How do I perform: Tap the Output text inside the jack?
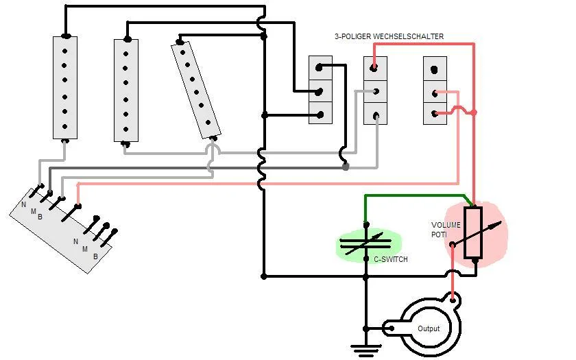click(429, 329)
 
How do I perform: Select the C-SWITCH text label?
click(390, 259)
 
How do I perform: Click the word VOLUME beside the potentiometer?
click(446, 225)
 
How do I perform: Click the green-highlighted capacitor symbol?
click(365, 243)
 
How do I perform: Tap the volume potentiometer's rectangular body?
click(473, 232)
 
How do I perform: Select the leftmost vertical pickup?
click(65, 87)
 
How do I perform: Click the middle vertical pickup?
click(126, 90)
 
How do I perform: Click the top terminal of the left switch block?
click(320, 68)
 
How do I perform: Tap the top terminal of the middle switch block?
click(374, 68)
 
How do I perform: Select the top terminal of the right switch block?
click(435, 69)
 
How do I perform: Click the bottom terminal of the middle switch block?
click(374, 113)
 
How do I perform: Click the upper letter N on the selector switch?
click(23, 204)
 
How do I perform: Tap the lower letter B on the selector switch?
click(95, 257)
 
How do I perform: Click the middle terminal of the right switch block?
click(435, 91)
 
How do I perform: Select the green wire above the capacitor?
click(411, 195)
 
